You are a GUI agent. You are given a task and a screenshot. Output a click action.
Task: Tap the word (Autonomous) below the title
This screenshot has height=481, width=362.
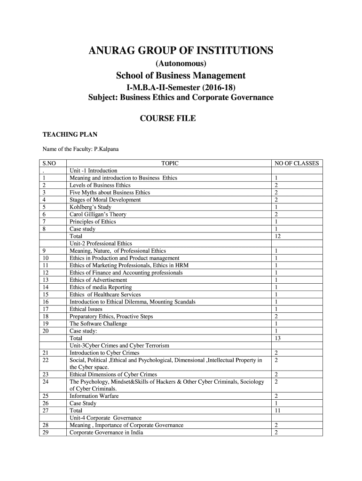181,63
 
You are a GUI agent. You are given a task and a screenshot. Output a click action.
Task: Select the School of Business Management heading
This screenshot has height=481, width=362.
181,76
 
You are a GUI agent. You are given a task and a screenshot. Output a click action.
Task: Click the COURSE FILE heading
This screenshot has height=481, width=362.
168,118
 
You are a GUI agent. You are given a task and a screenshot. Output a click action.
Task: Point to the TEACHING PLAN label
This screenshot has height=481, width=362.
70,135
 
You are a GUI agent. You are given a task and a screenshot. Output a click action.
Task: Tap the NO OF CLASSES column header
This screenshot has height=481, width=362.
297,163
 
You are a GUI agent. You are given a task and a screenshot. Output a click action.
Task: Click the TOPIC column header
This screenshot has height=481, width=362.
170,163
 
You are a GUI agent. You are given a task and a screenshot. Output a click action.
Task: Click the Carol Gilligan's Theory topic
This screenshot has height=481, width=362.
98,214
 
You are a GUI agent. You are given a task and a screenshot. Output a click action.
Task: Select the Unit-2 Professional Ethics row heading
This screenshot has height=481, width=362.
101,243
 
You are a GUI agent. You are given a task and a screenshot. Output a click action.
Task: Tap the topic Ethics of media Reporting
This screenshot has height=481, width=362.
101,287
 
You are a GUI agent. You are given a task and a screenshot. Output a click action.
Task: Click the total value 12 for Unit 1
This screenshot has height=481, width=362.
278,236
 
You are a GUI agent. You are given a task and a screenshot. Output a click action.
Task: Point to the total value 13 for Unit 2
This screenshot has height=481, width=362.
278,338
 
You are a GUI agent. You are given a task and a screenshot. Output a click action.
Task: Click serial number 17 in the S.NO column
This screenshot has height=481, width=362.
46,309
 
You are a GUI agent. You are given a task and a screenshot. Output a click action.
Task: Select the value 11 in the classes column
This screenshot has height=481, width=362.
278,411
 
